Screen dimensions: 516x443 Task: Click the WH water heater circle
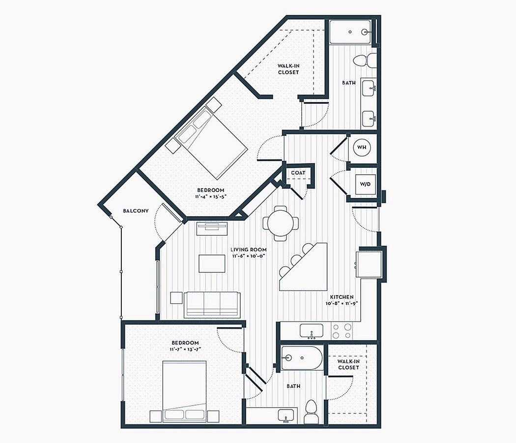point(362,147)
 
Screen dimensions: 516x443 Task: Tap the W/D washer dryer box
point(365,184)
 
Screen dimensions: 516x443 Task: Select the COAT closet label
point(298,173)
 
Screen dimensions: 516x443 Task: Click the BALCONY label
point(136,211)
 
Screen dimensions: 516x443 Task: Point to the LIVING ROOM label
point(249,250)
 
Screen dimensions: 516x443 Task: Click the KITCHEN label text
point(342,297)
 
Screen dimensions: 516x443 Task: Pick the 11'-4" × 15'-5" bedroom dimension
point(211,196)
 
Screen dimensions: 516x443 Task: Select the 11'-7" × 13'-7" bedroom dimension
point(185,349)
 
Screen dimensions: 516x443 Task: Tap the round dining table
point(281,223)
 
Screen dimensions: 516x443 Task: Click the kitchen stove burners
point(342,331)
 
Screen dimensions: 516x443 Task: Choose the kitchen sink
point(311,331)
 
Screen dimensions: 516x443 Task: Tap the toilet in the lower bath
point(311,412)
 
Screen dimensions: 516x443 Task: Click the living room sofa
point(212,305)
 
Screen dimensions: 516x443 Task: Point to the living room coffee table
point(212,263)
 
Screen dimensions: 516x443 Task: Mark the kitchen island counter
point(303,267)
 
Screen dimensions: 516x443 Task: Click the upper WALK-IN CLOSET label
point(288,69)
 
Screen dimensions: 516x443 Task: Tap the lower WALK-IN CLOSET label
point(348,364)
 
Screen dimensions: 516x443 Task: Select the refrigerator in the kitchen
point(369,264)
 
